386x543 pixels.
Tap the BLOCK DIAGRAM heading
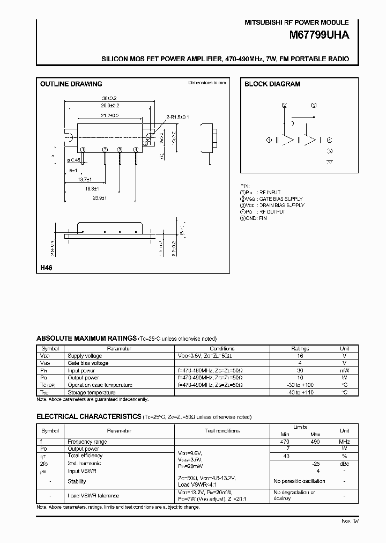coord(272,84)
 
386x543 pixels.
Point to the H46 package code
coord(45,267)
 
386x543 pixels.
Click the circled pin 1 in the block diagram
coord(269,140)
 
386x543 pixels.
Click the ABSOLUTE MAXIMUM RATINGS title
coord(86,339)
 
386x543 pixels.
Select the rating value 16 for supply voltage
coord(300,356)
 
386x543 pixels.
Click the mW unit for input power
coord(345,371)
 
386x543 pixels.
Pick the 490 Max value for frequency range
coord(315,442)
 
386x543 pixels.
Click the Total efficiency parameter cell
coord(85,456)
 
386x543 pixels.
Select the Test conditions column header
coord(222,431)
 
